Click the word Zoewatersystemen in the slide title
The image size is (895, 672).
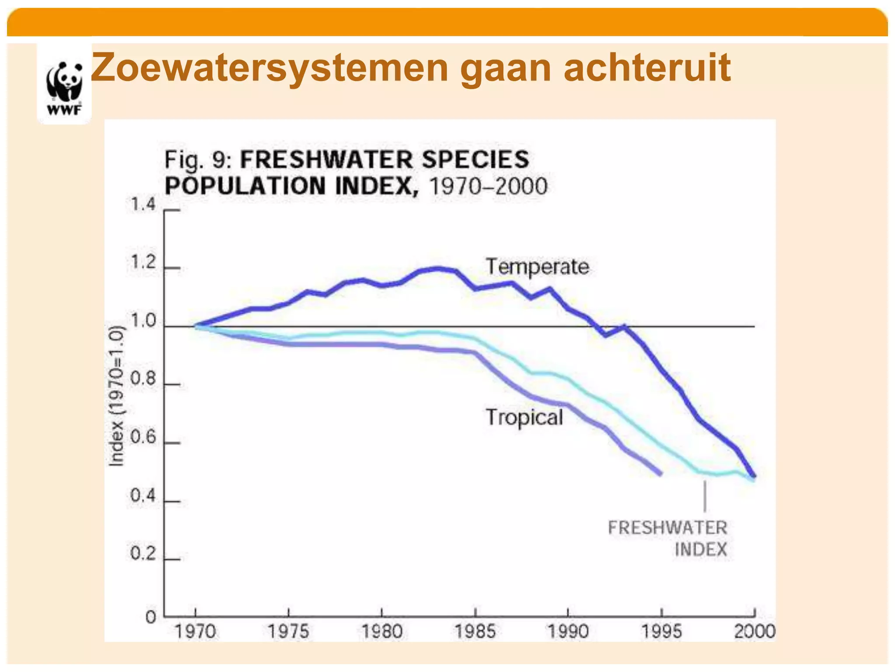pyautogui.click(x=269, y=67)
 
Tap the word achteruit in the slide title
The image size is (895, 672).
pyautogui.click(x=647, y=67)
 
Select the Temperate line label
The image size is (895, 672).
pyautogui.click(x=537, y=266)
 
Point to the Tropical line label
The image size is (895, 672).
pyautogui.click(x=524, y=417)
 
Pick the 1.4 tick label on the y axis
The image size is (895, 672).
pyautogui.click(x=143, y=204)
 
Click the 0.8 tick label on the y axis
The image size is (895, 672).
pyautogui.click(x=143, y=379)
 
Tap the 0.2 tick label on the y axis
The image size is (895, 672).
pyautogui.click(x=143, y=554)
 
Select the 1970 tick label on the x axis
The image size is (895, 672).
pyautogui.click(x=195, y=631)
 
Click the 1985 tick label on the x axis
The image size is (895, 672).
pyautogui.click(x=475, y=631)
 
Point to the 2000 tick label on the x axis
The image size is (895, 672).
pyautogui.click(x=754, y=631)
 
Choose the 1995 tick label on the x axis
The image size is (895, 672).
pyautogui.click(x=661, y=631)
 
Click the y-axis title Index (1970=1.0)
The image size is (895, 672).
pyautogui.click(x=116, y=396)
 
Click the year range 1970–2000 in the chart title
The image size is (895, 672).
pyautogui.click(x=488, y=186)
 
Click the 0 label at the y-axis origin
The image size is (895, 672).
pyautogui.click(x=151, y=617)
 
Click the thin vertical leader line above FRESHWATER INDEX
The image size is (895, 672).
pyautogui.click(x=704, y=496)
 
